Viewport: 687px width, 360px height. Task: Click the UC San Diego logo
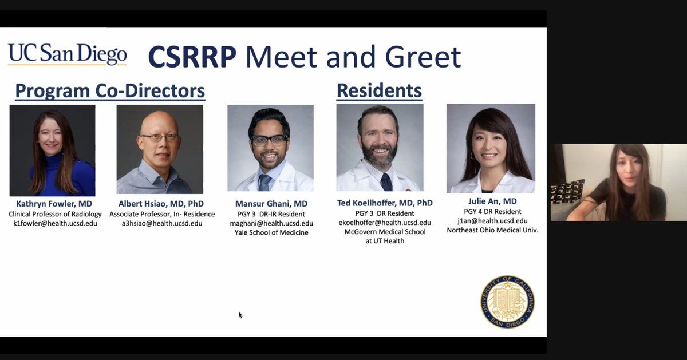coord(67,55)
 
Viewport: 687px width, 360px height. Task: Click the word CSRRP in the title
coord(192,57)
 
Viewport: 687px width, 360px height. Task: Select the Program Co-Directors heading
coord(110,90)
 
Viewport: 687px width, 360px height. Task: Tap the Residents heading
coord(379,90)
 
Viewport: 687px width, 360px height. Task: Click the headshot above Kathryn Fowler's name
coord(52,151)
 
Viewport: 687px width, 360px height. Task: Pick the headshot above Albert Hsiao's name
coord(160,149)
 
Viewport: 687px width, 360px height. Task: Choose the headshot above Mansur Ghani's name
coord(270,148)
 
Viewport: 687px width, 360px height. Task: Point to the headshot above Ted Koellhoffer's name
coord(380,148)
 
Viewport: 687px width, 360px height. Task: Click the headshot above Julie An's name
coord(491,148)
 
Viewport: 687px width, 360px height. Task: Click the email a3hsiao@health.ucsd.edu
coord(162,223)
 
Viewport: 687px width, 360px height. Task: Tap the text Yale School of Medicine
coord(271,232)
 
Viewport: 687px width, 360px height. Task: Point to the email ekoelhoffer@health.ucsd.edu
coord(385,223)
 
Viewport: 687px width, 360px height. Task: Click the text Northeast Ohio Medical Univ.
coord(493,230)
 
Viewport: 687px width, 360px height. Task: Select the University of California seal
coord(508,301)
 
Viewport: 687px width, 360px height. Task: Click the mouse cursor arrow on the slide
coord(240,315)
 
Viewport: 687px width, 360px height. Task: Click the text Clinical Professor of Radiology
coord(55,214)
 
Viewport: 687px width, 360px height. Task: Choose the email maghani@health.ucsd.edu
coord(271,223)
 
